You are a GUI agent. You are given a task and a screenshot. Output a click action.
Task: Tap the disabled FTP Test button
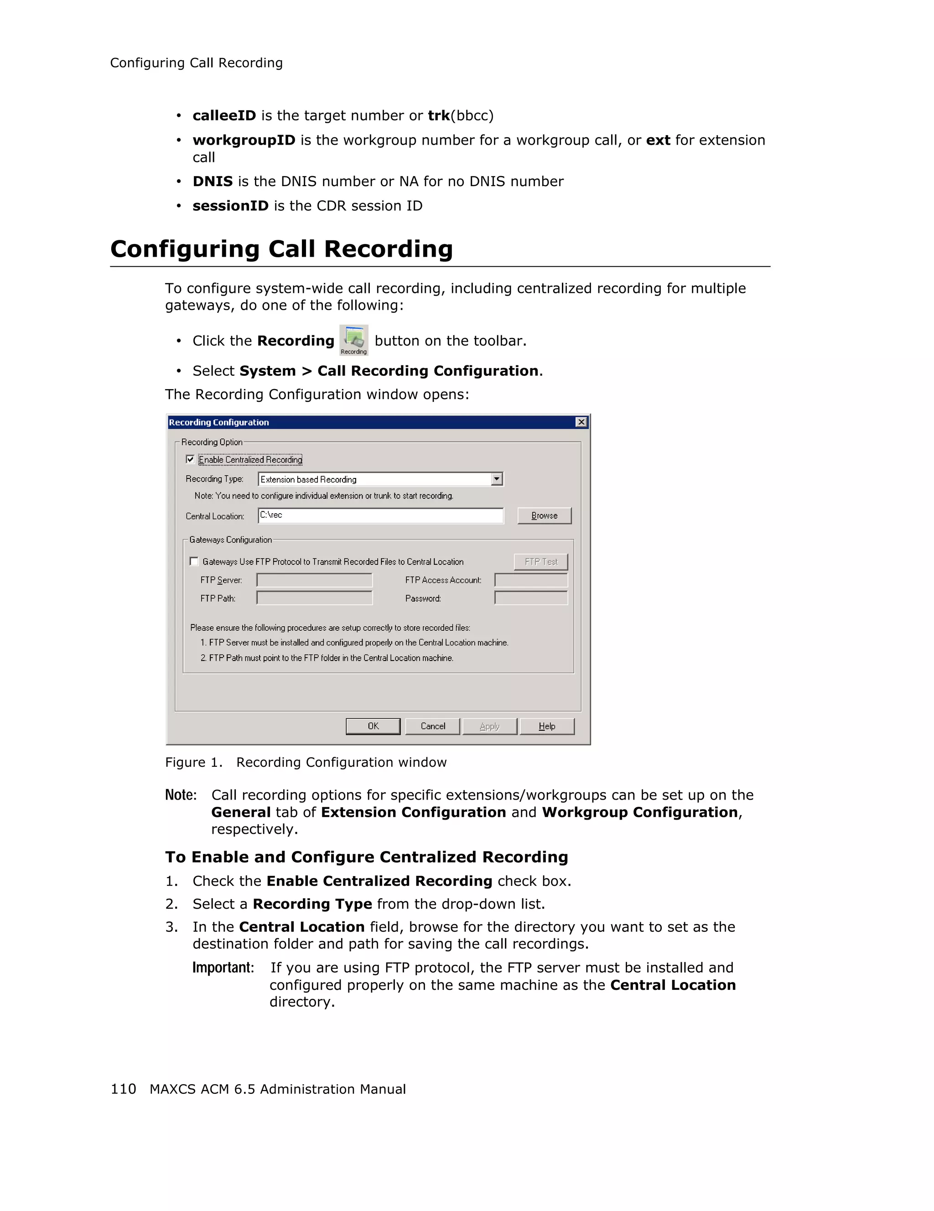coord(540,561)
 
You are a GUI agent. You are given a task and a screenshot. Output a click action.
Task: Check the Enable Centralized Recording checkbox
coord(190,459)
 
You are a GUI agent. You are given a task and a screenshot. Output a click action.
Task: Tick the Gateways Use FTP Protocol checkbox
coord(194,561)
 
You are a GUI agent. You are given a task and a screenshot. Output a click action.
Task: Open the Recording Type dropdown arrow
coord(497,478)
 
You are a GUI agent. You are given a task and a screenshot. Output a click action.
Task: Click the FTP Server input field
coord(314,580)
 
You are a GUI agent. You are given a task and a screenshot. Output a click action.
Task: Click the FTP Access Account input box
coord(530,580)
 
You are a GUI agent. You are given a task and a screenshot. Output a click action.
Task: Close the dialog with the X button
coord(581,422)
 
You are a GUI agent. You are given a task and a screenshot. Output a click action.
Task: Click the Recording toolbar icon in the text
coord(353,340)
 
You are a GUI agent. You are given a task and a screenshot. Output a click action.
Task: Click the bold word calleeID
coord(224,115)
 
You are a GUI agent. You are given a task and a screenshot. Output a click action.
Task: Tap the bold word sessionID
coord(230,206)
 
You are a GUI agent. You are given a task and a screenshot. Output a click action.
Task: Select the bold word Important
coord(223,967)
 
